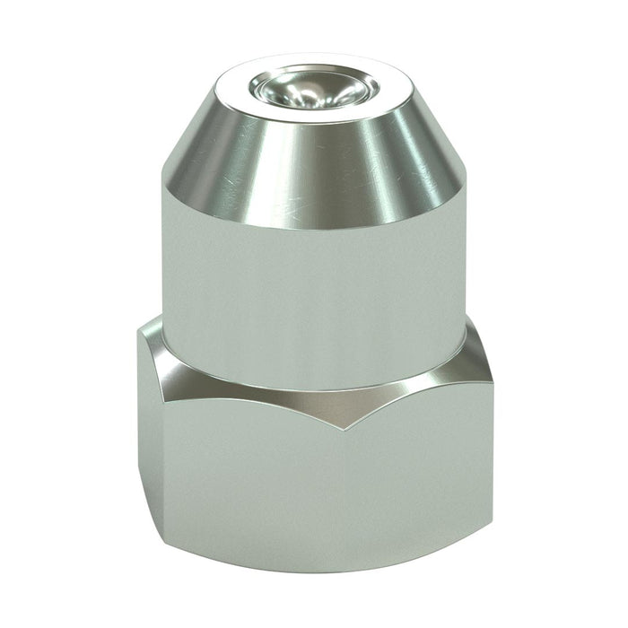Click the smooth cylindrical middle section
pyautogui.click(x=314, y=287)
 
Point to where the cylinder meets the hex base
pyautogui.click(x=314, y=363)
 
